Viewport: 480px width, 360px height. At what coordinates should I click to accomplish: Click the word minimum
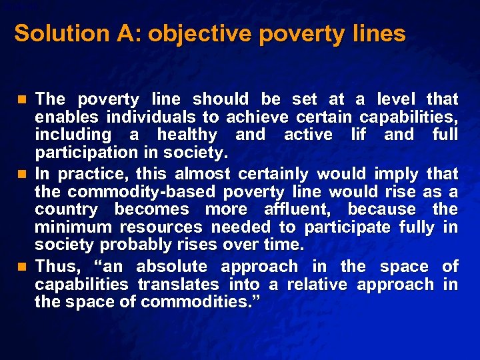(x=69, y=228)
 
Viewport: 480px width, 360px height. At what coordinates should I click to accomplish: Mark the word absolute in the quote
(x=173, y=267)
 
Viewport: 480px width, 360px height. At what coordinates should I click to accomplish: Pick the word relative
(x=318, y=285)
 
